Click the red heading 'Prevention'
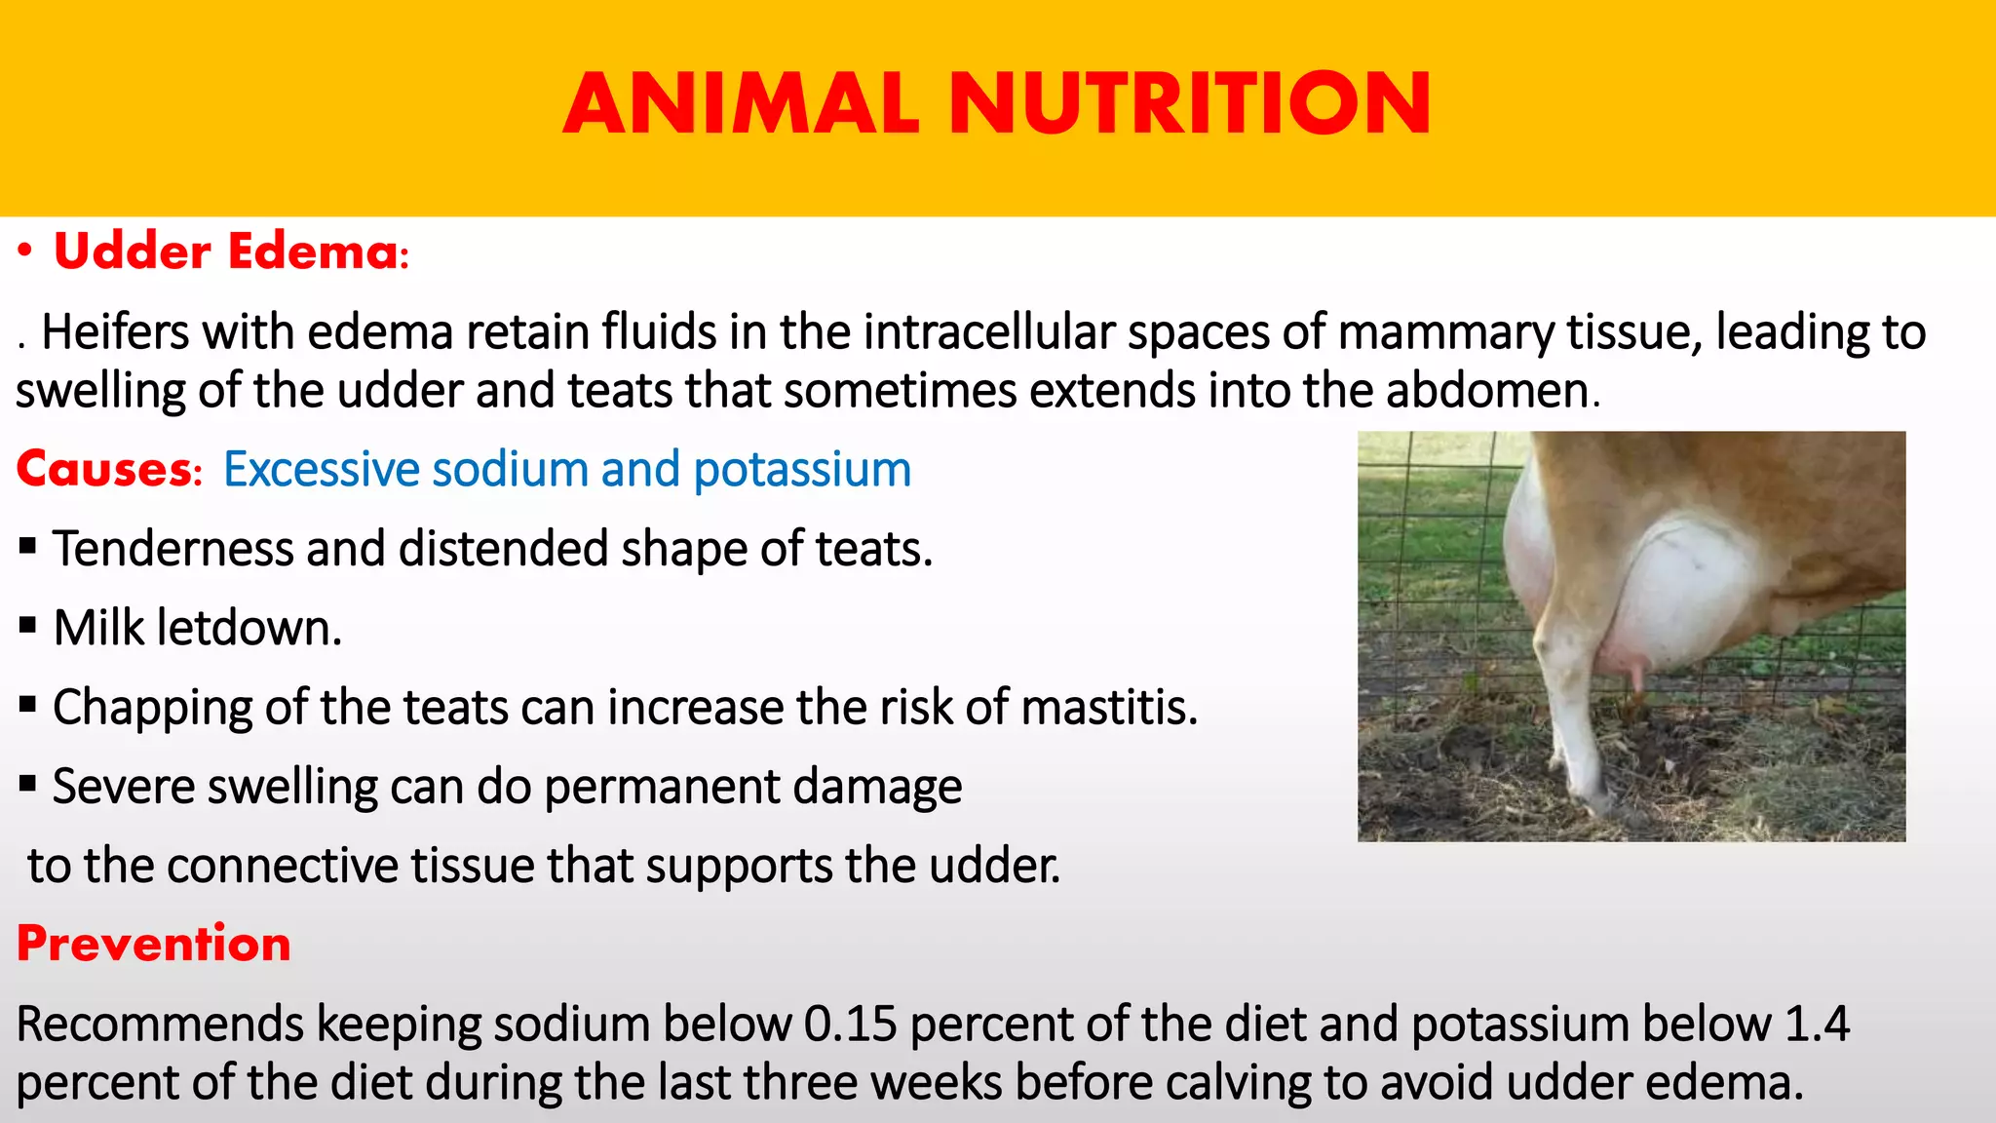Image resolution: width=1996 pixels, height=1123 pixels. [154, 944]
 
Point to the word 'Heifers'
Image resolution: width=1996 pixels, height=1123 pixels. [115, 332]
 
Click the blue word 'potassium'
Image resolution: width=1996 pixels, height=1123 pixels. [801, 470]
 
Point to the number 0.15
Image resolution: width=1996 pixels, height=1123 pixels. [850, 1025]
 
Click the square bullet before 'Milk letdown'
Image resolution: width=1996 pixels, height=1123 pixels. [27, 625]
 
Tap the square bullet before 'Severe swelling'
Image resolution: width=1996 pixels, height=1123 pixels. [27, 783]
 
